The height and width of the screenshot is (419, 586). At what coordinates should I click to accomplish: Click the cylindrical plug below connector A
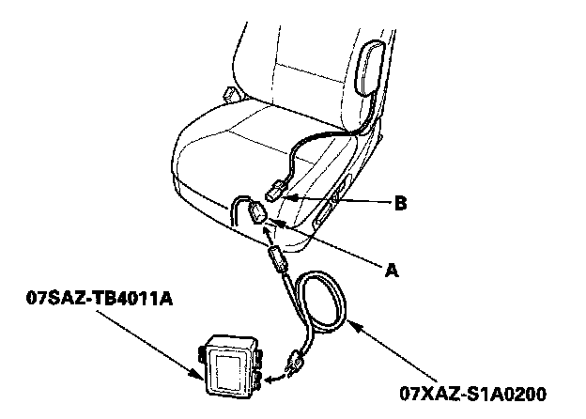click(276, 257)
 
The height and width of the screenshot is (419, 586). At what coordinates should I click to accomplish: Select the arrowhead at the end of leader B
click(290, 198)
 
